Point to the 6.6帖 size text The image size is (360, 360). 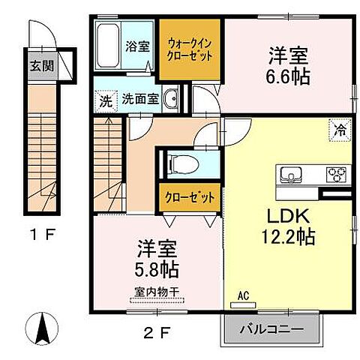(x=289, y=76)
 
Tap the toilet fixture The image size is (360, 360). (x=178, y=163)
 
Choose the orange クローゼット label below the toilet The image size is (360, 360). (x=189, y=197)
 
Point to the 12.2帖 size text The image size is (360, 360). (x=288, y=238)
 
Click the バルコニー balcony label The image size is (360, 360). (x=272, y=329)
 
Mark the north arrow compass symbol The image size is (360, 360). (x=42, y=325)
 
